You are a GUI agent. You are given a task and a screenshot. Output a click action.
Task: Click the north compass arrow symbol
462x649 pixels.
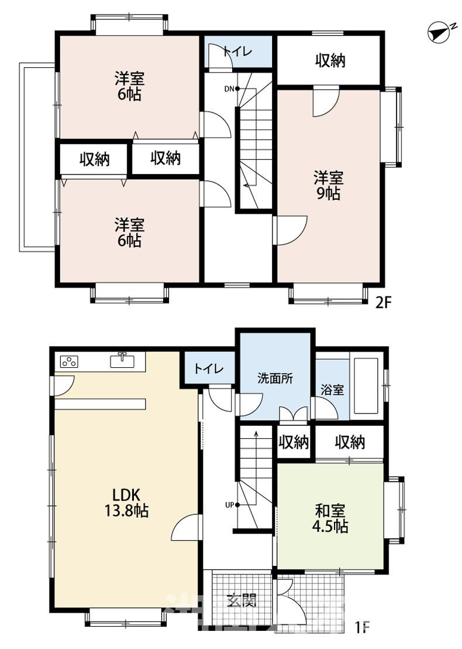point(439,33)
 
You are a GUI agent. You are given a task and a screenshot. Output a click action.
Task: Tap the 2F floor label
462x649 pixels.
point(383,303)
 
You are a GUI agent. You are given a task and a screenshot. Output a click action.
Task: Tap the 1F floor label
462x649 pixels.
point(361,627)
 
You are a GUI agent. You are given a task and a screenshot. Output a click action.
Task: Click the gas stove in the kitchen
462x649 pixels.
point(68,362)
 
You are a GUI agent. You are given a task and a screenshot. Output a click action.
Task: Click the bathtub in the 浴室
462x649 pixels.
point(366,386)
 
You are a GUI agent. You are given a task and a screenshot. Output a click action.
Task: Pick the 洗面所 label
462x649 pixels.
point(275,378)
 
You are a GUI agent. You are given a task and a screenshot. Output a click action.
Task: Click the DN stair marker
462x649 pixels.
point(232,88)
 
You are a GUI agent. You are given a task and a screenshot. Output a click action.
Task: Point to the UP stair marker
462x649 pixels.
point(232,504)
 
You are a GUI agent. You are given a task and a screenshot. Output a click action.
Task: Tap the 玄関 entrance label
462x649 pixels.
point(242,600)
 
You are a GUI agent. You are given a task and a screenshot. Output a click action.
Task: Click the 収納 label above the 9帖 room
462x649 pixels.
point(330,61)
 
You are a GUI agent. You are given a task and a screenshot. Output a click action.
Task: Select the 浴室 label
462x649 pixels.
point(332,390)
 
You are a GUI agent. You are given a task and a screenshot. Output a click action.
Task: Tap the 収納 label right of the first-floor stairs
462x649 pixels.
point(294,442)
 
